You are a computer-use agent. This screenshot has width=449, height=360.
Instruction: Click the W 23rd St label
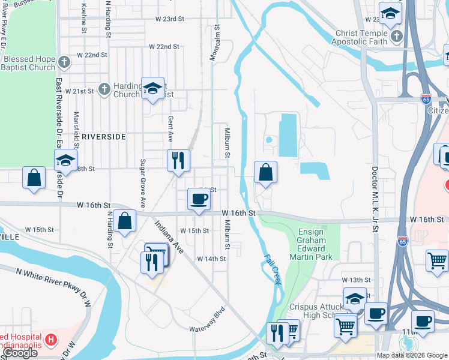click(169, 19)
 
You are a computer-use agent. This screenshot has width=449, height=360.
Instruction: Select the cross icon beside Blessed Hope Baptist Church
click(65, 60)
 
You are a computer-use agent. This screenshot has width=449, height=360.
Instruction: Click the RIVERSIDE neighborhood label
click(103, 137)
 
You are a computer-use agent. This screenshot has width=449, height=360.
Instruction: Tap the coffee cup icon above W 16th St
click(199, 199)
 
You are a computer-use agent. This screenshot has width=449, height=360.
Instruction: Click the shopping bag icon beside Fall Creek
click(265, 173)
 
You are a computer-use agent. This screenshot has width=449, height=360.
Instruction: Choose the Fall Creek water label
click(273, 268)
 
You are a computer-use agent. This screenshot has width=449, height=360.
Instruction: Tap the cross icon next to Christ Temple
click(396, 37)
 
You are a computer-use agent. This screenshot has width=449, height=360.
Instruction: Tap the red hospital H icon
click(51, 340)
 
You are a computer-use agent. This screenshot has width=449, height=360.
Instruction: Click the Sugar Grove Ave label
click(143, 179)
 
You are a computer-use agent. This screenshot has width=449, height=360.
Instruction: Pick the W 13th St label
click(357, 280)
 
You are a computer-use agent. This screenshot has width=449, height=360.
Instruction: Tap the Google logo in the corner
click(20, 353)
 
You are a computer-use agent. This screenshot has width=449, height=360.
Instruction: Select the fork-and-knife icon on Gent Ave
click(178, 160)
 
